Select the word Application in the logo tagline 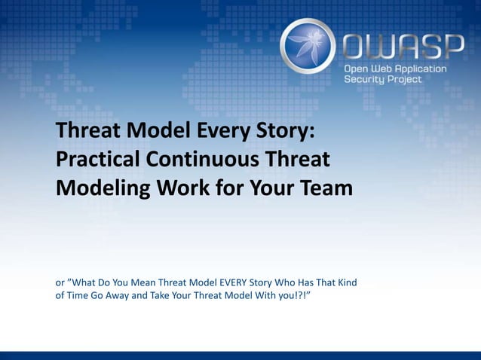pyautogui.click(x=419, y=69)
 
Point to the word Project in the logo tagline pyautogui.click(x=404, y=80)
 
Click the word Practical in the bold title pyautogui.click(x=98, y=160)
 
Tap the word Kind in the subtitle pyautogui.click(x=346, y=283)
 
